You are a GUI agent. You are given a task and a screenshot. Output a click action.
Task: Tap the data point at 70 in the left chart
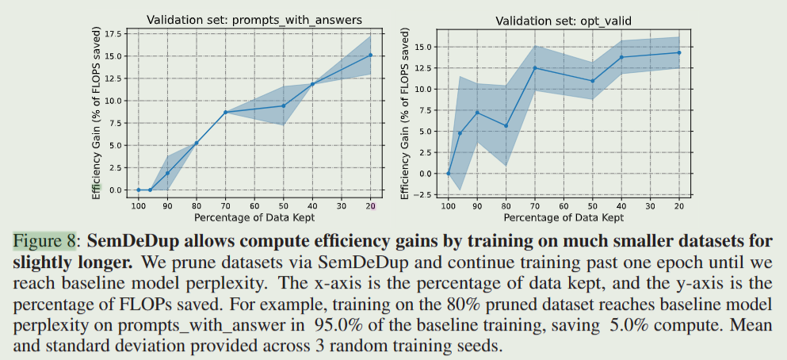(225, 112)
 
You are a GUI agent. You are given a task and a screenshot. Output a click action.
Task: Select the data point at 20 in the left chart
(371, 55)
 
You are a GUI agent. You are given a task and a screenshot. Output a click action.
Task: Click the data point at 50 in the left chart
(283, 105)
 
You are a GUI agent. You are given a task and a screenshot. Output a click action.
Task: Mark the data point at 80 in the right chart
(506, 125)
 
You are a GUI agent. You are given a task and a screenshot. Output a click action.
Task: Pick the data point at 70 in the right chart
(535, 67)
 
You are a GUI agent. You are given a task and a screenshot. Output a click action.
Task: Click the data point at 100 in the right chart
(448, 174)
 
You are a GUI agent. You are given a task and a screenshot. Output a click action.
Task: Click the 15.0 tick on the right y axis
(427, 47)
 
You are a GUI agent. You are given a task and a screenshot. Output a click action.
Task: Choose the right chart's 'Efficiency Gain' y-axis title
(405, 111)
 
